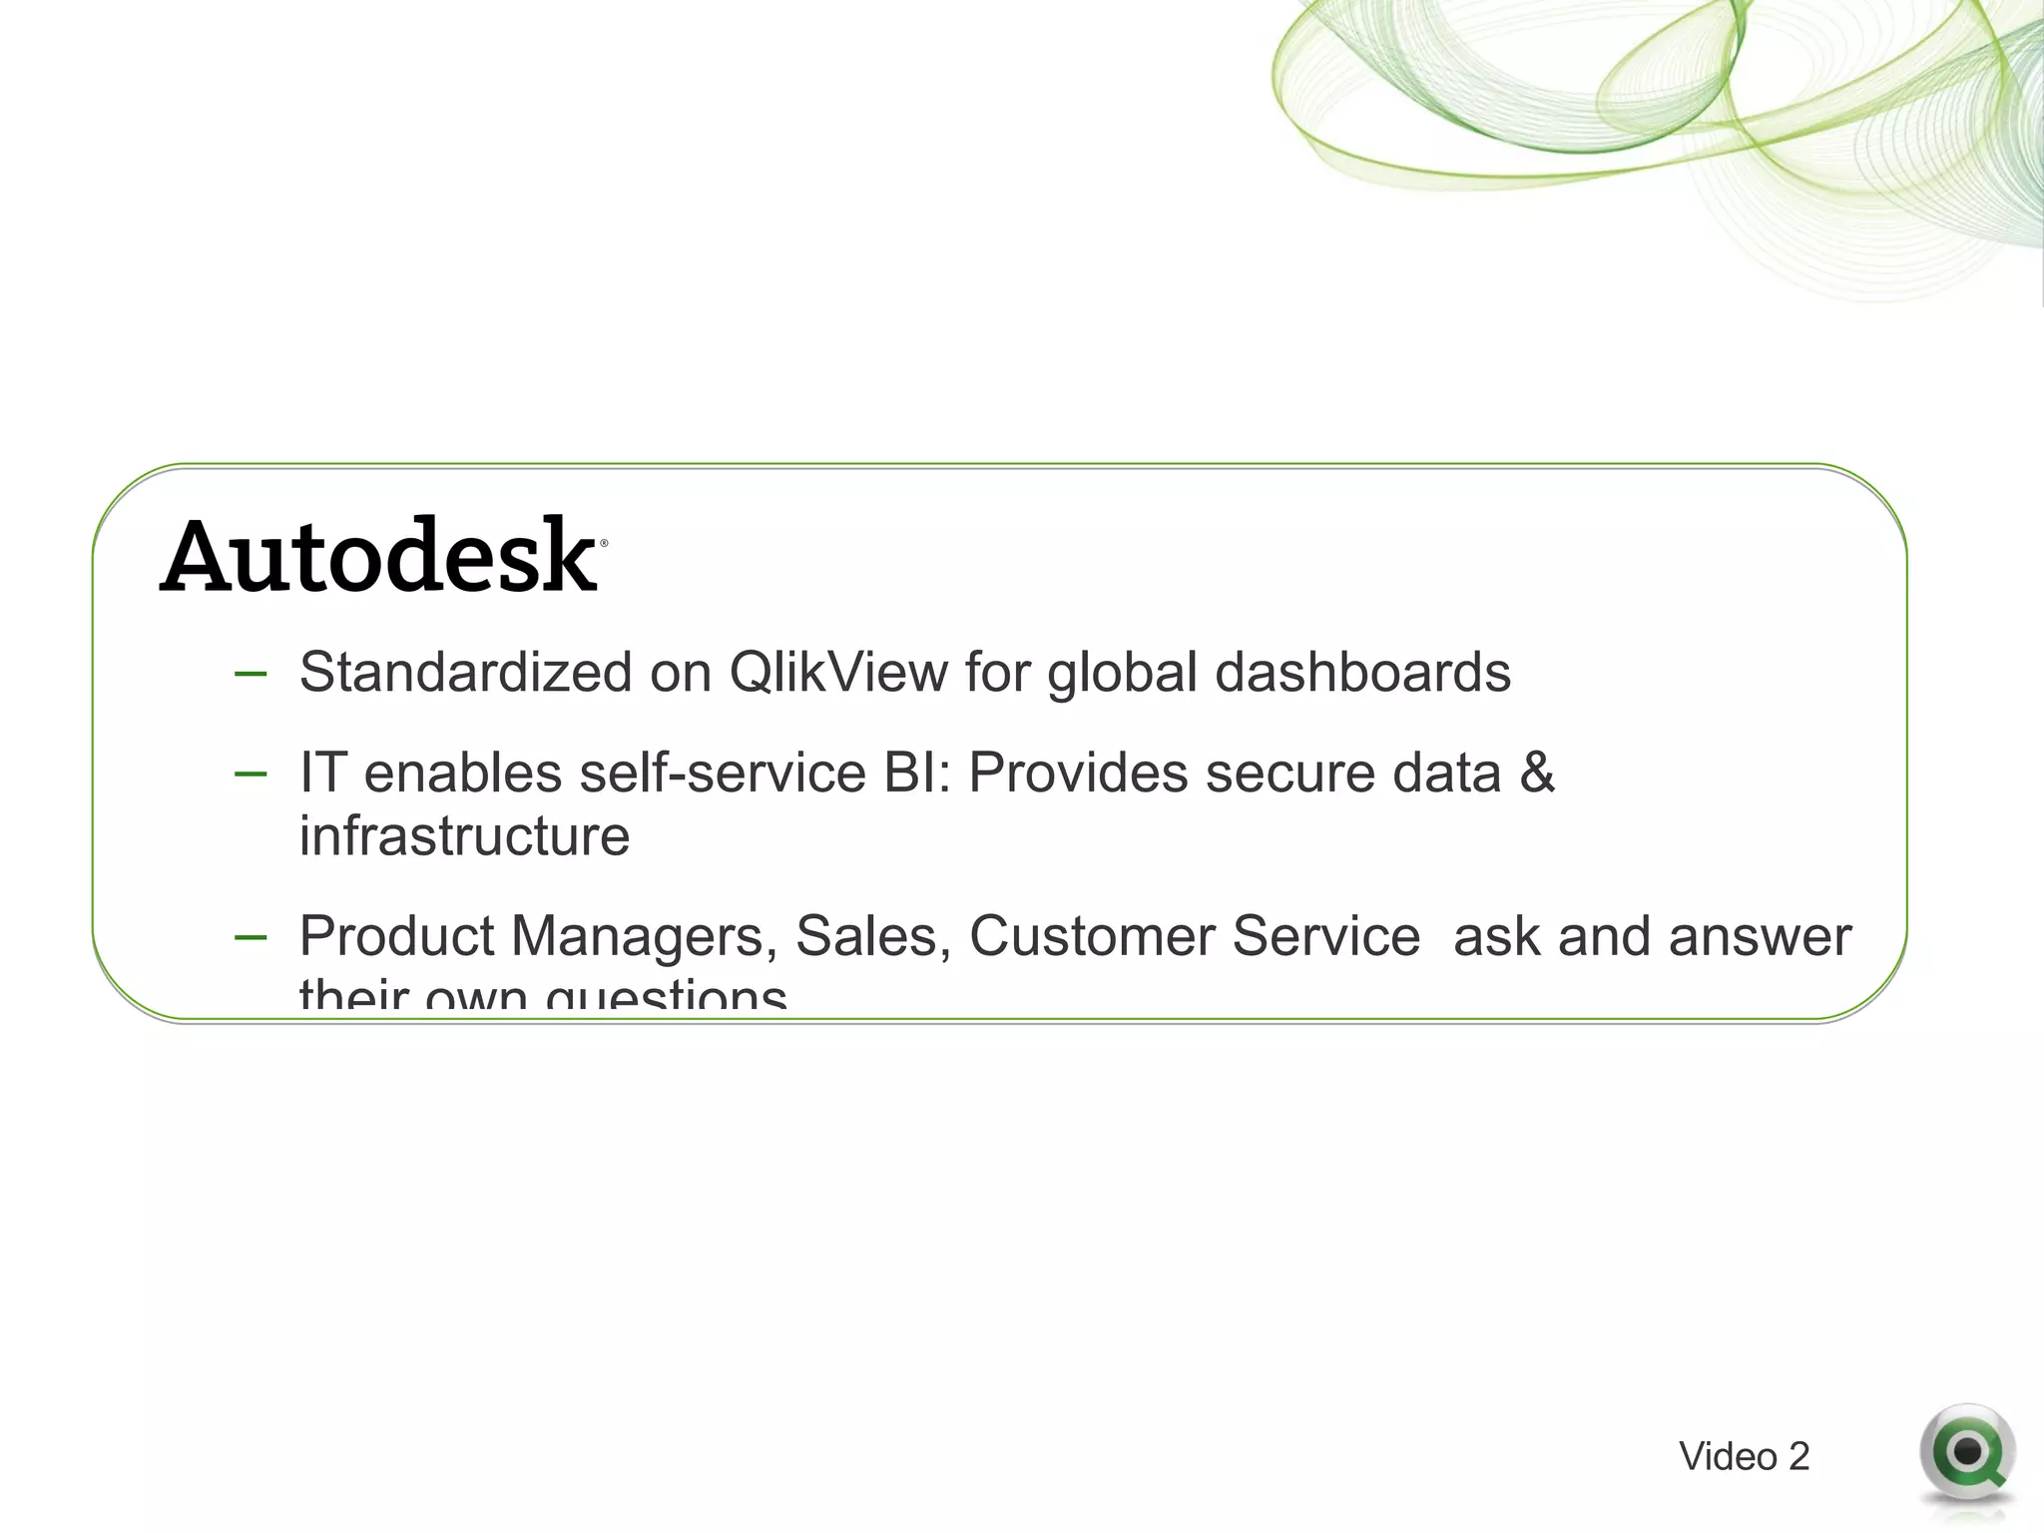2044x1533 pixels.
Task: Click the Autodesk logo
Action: [x=379, y=556]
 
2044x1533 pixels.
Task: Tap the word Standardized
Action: [x=465, y=672]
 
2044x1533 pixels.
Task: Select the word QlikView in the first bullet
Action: [x=838, y=672]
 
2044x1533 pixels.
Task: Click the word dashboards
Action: [x=1362, y=672]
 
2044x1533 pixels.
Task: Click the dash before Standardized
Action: [x=251, y=675]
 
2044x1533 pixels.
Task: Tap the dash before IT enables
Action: [x=251, y=774]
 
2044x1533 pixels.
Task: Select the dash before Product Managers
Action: [x=251, y=938]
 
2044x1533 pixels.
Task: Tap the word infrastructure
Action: [x=464, y=836]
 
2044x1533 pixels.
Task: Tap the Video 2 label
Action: [x=1744, y=1457]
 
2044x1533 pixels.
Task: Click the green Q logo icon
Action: [x=1966, y=1453]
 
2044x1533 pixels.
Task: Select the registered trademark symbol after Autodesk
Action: [x=603, y=544]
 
